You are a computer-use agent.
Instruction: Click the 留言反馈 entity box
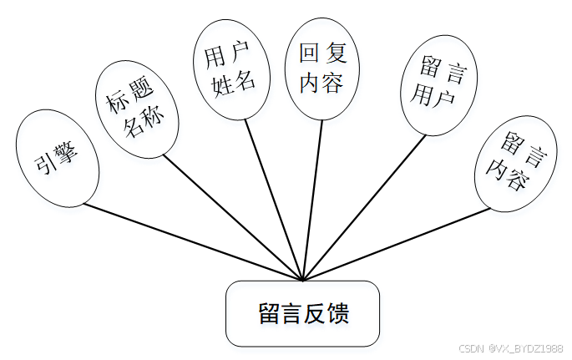pos(302,314)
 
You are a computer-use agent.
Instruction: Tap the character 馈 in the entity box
pos(337,315)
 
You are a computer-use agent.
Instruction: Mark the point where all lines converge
pos(301,281)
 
